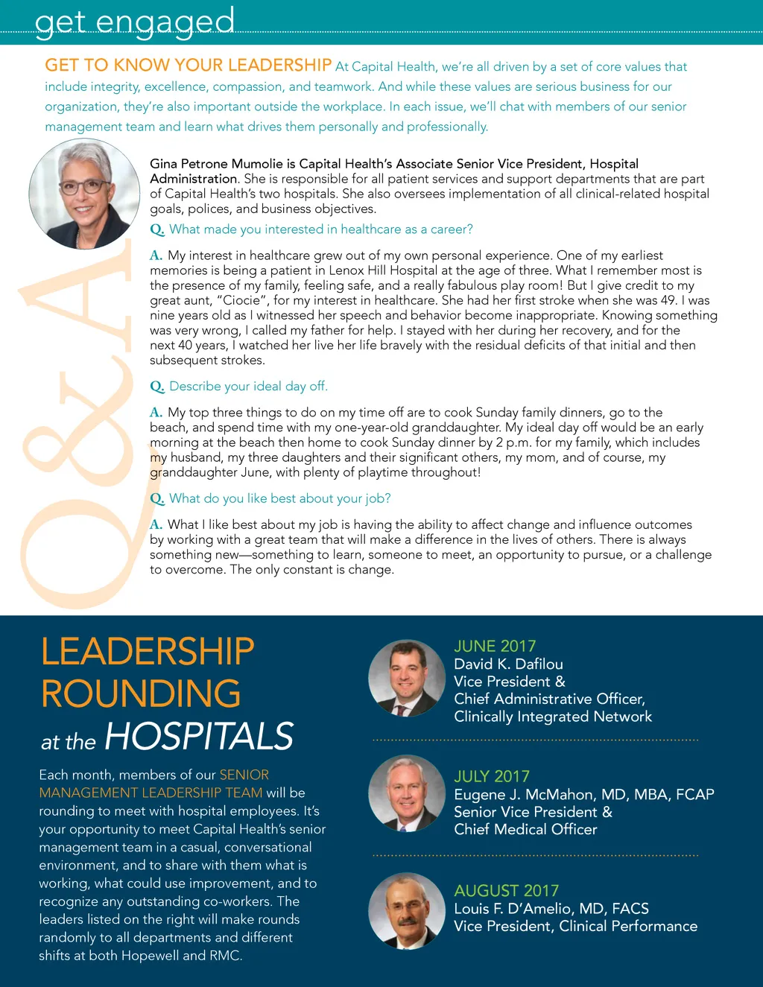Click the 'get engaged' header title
[x=135, y=20]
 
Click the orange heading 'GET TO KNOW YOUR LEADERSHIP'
[x=188, y=66]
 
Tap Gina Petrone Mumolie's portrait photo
[x=84, y=194]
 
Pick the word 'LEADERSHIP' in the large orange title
[x=148, y=652]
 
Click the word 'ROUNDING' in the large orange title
[x=141, y=694]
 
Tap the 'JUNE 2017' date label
[x=495, y=647]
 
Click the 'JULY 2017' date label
[x=492, y=776]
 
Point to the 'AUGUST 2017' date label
[x=506, y=891]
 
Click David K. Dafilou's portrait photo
[x=407, y=678]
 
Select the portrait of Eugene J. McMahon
[x=407, y=793]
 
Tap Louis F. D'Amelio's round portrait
[x=407, y=910]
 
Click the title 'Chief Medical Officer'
[x=525, y=829]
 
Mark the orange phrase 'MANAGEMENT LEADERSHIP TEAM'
[x=151, y=793]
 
